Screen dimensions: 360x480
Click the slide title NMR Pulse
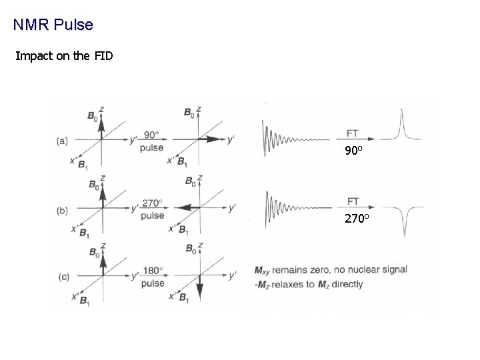click(x=53, y=25)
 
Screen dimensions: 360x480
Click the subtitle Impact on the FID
click(x=64, y=55)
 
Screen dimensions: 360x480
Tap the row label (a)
click(x=63, y=141)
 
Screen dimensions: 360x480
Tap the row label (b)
click(x=63, y=211)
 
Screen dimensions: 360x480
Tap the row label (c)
click(x=63, y=277)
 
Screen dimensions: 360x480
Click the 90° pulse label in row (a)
click(x=152, y=140)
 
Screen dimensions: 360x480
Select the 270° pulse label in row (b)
click(x=153, y=209)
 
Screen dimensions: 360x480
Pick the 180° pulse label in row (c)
click(x=153, y=277)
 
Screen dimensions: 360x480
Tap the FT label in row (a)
click(x=353, y=133)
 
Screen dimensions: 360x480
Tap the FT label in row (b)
click(x=353, y=201)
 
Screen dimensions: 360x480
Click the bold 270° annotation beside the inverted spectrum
click(x=357, y=218)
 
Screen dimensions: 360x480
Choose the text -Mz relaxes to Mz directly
click(x=309, y=284)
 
